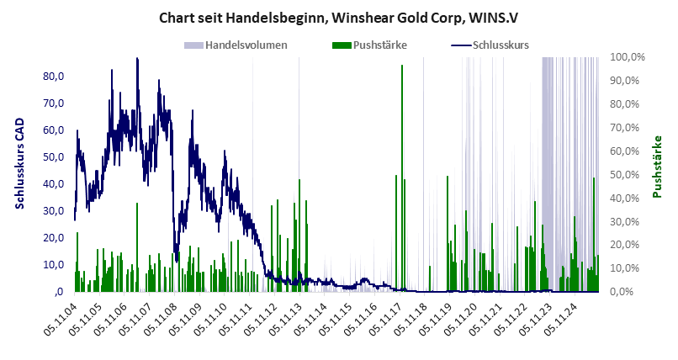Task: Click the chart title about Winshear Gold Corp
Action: (x=339, y=17)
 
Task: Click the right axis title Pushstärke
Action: (x=658, y=167)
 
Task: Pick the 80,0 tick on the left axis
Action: (x=53, y=77)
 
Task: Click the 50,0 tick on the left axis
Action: (x=53, y=157)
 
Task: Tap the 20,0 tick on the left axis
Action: (x=53, y=238)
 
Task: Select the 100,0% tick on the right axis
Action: (x=628, y=57)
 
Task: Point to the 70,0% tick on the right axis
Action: (x=628, y=128)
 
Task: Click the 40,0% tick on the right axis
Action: (x=628, y=199)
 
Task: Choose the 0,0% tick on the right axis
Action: (x=628, y=292)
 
